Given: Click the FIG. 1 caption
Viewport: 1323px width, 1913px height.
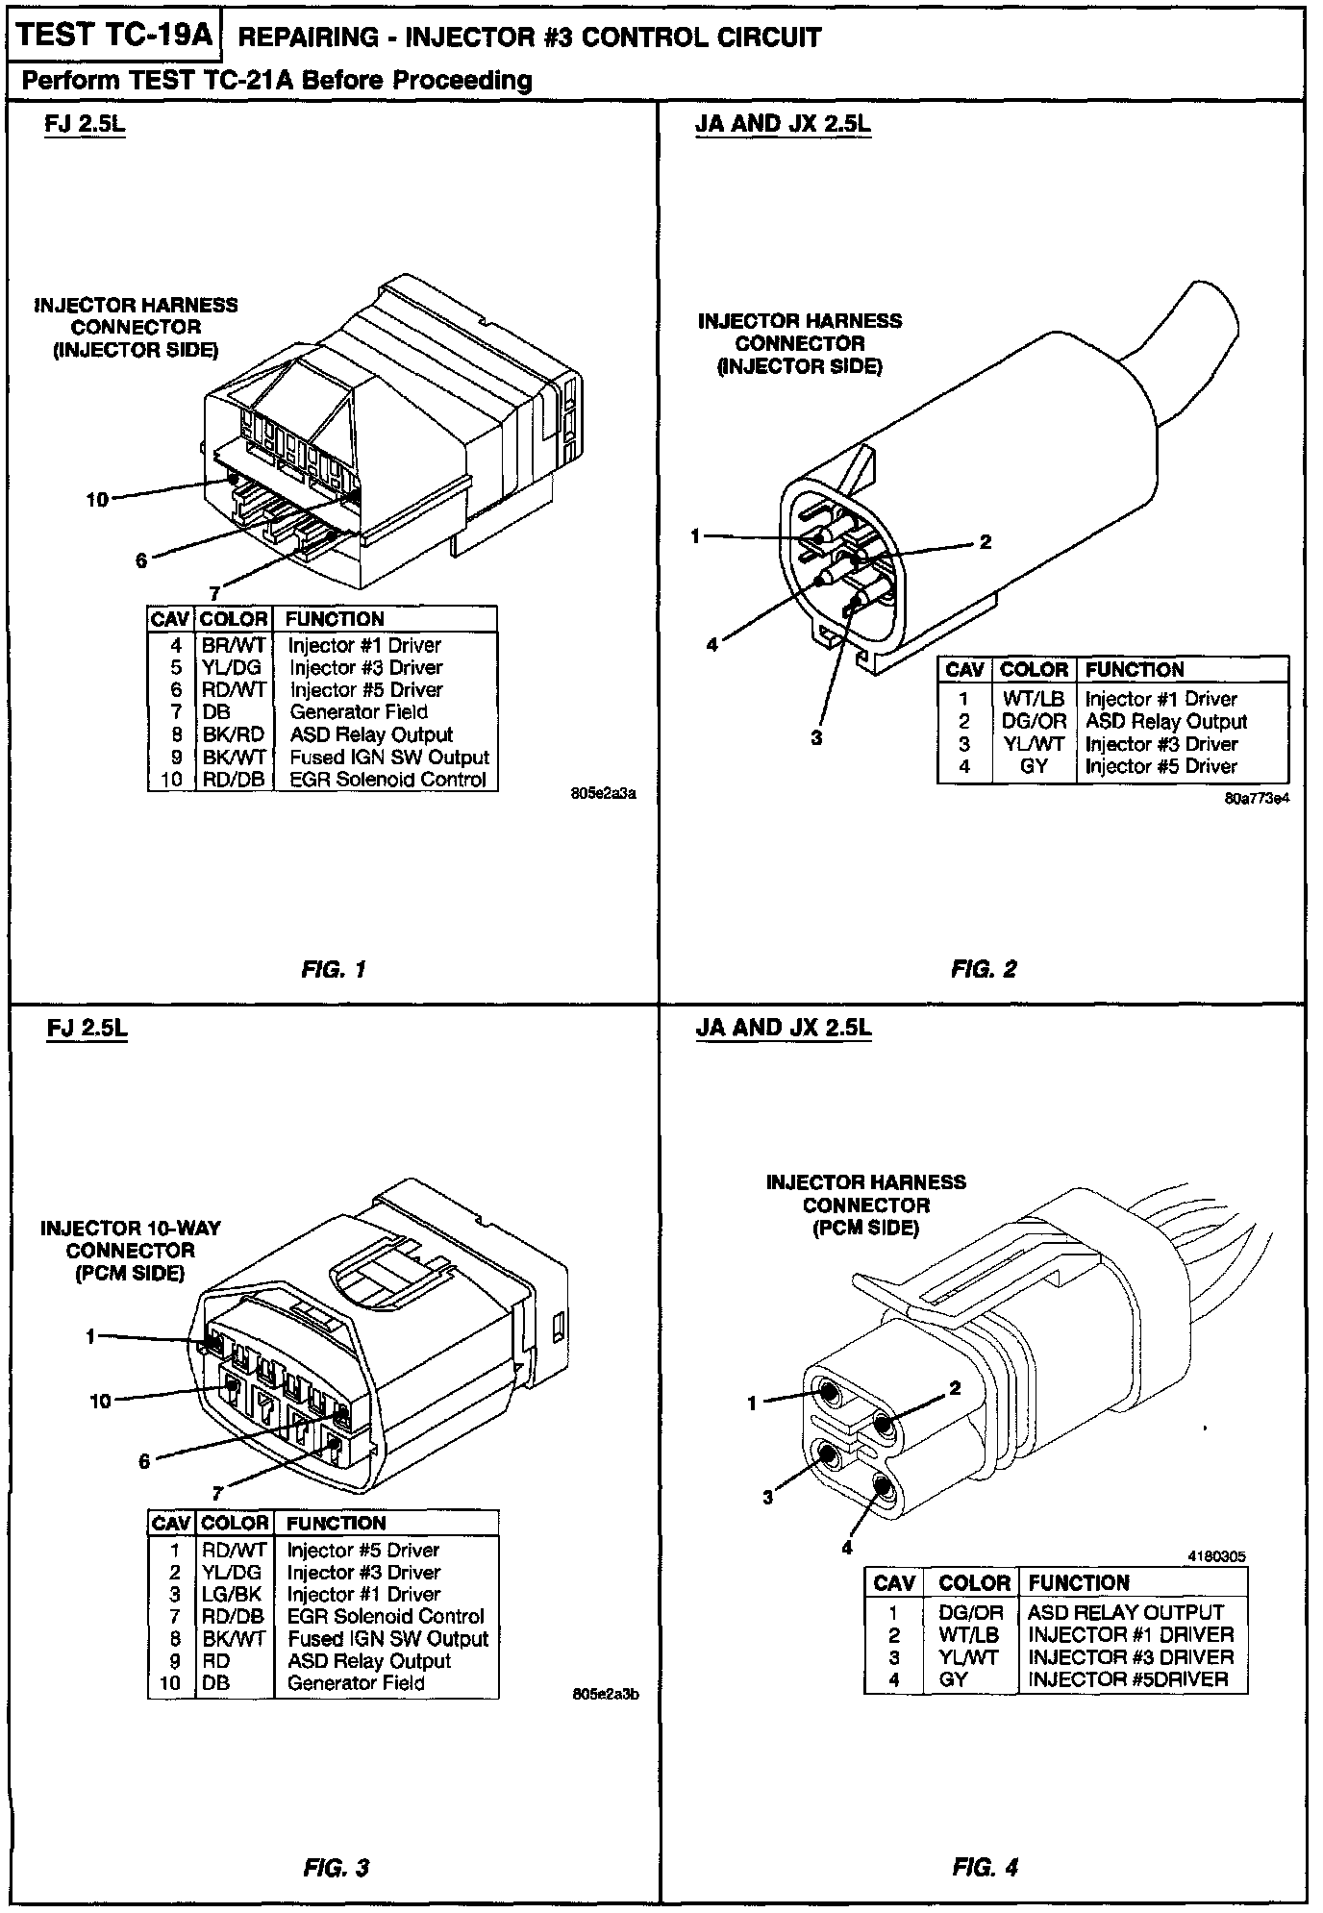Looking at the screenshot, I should pyautogui.click(x=333, y=969).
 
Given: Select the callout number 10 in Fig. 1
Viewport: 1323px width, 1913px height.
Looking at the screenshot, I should pyautogui.click(x=97, y=500).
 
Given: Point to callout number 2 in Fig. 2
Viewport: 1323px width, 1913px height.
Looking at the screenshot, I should pyautogui.click(x=986, y=542).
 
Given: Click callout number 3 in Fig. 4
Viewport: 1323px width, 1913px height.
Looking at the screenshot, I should pyautogui.click(x=767, y=1498).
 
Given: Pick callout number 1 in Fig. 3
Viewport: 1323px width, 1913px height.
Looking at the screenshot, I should pyautogui.click(x=90, y=1336).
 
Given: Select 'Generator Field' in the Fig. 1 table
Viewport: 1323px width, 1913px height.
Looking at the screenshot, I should pyautogui.click(x=358, y=712).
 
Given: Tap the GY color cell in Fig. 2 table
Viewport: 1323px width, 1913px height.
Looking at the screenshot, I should pyautogui.click(x=1034, y=767).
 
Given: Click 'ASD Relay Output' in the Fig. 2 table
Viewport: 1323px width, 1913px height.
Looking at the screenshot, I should pyautogui.click(x=1165, y=722).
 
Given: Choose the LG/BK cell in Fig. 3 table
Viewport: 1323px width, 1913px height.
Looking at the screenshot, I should pyautogui.click(x=231, y=1595).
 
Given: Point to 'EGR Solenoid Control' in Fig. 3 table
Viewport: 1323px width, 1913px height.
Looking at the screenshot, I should pyautogui.click(x=385, y=1617).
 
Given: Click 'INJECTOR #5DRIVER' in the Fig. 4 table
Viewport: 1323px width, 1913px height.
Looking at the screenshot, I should pyautogui.click(x=1128, y=1679).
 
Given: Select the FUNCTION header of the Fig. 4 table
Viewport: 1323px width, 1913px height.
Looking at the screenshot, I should pyautogui.click(x=1079, y=1583).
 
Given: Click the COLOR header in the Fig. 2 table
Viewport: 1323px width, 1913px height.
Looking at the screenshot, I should pyautogui.click(x=1034, y=670).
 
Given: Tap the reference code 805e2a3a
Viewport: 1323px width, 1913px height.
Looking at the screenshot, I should pyautogui.click(x=604, y=795).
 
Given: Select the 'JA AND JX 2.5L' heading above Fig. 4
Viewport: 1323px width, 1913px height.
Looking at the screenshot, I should pyautogui.click(x=783, y=1028).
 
